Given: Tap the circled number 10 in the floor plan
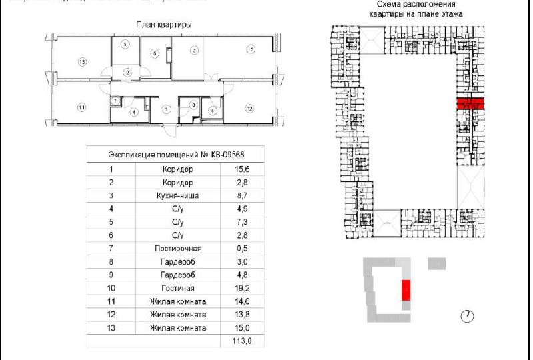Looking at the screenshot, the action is point(251,49).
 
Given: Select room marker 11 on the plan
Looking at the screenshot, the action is point(81,107).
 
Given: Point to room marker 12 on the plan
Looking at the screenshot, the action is point(249,108).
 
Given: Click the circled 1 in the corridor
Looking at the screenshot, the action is point(167,108).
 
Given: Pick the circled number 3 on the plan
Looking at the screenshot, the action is point(193,50).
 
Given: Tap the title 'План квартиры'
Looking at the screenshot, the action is point(164,25).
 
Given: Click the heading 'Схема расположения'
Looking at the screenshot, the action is point(416,5).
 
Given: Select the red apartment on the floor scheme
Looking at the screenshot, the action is point(470,103).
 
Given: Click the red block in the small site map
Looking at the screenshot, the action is point(406,291).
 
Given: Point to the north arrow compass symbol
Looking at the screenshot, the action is point(467,315).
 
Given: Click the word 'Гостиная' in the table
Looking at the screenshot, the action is point(177,289).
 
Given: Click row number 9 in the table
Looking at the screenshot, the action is point(111,274).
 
